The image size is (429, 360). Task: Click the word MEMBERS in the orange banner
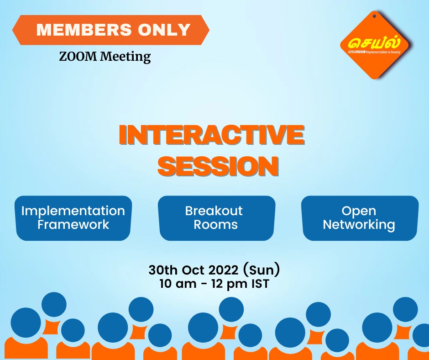[x=84, y=30]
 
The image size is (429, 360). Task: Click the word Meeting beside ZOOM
[x=125, y=57]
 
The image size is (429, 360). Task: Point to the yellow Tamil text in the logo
[x=374, y=42]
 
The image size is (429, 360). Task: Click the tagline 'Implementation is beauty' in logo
[x=383, y=52]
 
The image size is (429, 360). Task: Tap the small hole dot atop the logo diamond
[x=375, y=16]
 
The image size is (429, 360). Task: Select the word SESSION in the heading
[x=218, y=166]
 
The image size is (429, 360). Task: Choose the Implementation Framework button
[x=73, y=218]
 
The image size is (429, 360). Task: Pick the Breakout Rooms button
[x=217, y=218]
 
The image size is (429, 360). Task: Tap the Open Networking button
[x=360, y=218]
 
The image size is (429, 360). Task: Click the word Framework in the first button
[x=73, y=225]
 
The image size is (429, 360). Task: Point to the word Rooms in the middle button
[x=215, y=225]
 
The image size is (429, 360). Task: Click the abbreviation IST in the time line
[x=260, y=284]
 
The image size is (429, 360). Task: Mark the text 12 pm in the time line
[x=229, y=284]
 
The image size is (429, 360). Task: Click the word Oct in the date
[x=193, y=270]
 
